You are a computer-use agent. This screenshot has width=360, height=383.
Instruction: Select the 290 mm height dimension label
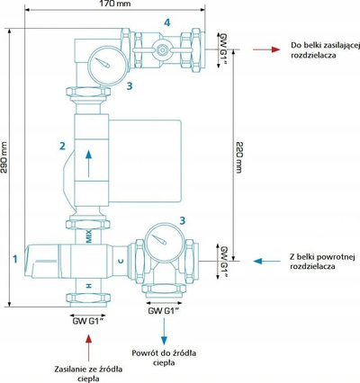pyautogui.click(x=4, y=157)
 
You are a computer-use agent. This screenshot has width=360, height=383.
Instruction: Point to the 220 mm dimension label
pyautogui.click(x=238, y=157)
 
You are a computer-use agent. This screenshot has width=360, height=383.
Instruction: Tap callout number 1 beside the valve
pyautogui.click(x=15, y=259)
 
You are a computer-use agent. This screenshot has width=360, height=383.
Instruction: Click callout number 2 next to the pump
pyautogui.click(x=62, y=146)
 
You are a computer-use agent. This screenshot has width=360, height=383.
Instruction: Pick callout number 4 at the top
pyautogui.click(x=167, y=22)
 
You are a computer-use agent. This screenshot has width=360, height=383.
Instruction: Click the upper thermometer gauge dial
pyautogui.click(x=107, y=66)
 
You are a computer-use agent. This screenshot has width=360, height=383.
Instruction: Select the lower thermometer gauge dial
pyautogui.click(x=165, y=242)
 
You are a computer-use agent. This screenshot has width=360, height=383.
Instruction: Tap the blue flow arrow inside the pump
pyautogui.click(x=88, y=164)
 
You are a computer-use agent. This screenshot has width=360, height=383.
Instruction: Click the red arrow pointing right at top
pyautogui.click(x=266, y=49)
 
